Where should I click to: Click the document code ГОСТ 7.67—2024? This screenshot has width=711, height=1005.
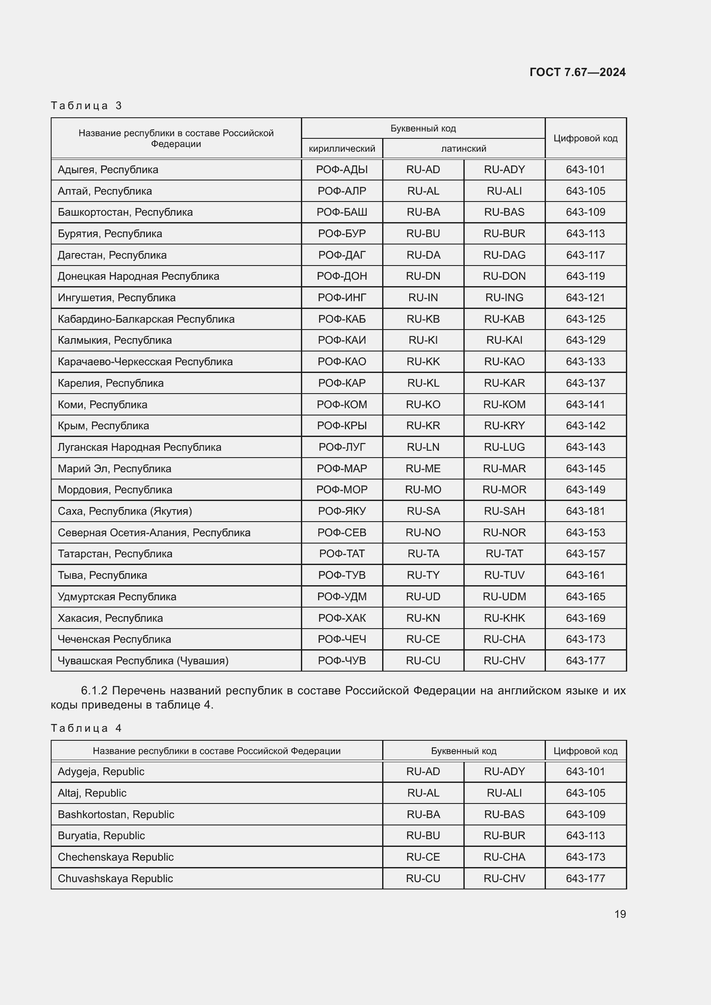tap(577, 72)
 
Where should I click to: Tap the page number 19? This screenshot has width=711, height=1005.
tap(620, 914)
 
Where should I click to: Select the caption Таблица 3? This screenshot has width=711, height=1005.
tap(86, 106)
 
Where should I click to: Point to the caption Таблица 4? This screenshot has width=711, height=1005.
tap(86, 728)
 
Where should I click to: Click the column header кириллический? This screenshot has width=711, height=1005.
tap(342, 149)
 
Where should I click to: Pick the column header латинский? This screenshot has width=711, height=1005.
tap(463, 149)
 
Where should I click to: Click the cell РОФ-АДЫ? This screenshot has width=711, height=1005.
tap(342, 170)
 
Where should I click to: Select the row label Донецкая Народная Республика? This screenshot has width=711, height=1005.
tap(138, 276)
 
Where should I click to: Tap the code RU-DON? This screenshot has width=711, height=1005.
tap(504, 276)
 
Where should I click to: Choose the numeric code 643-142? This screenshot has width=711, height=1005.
tap(585, 426)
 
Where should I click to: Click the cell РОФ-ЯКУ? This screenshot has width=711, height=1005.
tap(342, 511)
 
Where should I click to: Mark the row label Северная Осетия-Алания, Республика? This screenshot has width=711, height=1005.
tap(154, 533)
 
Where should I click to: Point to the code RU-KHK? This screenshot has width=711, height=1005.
tap(504, 618)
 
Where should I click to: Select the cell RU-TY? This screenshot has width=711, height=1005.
tap(423, 575)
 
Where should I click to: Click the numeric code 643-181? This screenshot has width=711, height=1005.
tap(585, 511)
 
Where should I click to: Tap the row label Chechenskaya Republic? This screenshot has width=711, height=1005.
tap(116, 857)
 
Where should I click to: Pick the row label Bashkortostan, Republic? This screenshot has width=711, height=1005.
tap(116, 815)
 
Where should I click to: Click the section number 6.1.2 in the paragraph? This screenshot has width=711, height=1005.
tap(94, 691)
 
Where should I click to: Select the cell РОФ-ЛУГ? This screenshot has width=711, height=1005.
tap(342, 447)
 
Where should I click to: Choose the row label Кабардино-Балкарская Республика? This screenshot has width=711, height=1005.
tap(146, 319)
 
